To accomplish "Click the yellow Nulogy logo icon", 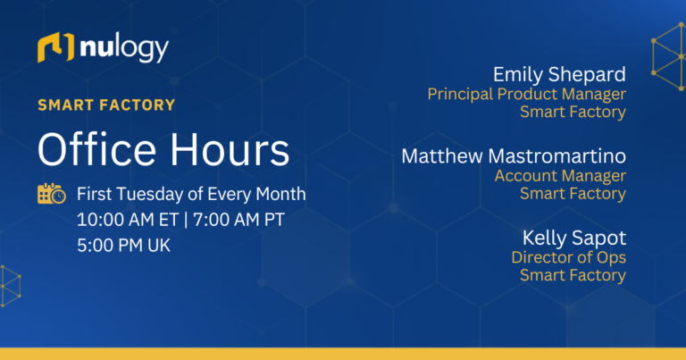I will [x=55, y=48].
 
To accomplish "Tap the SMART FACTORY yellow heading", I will [x=106, y=105].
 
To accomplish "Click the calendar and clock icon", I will [x=51, y=193].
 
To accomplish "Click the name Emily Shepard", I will [x=559, y=73].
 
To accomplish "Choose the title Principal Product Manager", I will [x=526, y=94].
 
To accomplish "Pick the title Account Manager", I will [x=560, y=176].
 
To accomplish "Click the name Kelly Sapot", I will [x=574, y=238].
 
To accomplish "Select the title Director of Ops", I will [x=568, y=257].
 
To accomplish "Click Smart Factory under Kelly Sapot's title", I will [x=573, y=275].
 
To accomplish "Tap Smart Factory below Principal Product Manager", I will [x=573, y=112].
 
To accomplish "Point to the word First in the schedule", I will [x=95, y=194].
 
